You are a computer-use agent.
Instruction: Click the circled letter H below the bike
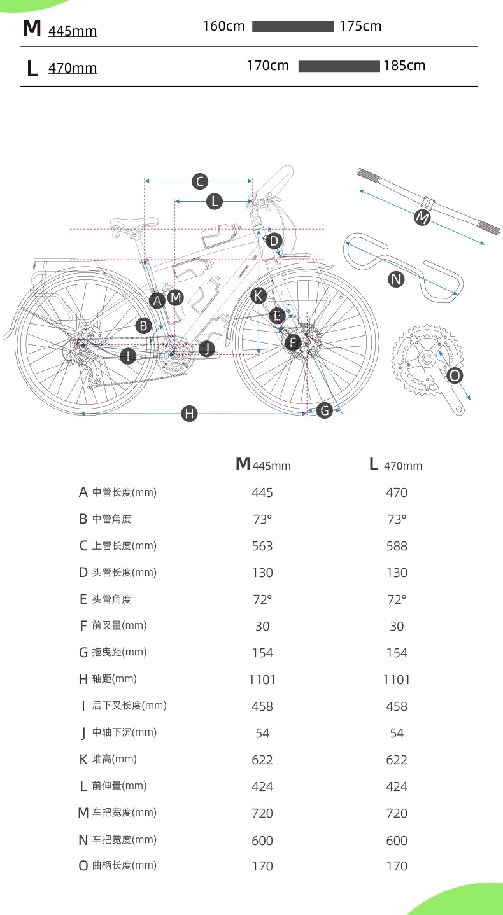click(x=189, y=414)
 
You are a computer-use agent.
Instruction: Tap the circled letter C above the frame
click(x=200, y=181)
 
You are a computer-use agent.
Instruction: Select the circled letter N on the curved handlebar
click(x=396, y=279)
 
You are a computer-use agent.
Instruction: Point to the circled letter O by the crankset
click(x=455, y=375)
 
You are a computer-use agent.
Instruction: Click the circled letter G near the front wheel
click(x=325, y=410)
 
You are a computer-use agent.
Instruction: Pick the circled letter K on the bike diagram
click(x=258, y=295)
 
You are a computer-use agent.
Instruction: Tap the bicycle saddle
click(x=134, y=223)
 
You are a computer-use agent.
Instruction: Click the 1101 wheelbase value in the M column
click(x=262, y=680)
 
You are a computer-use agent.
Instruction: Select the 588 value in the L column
click(x=396, y=546)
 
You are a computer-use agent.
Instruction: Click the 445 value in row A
click(x=262, y=492)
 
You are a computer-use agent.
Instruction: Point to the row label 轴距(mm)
click(x=114, y=679)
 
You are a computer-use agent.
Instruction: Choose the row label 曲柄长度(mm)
click(x=124, y=865)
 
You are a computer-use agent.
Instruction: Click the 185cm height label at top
click(x=404, y=66)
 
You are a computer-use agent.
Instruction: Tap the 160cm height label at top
click(x=223, y=26)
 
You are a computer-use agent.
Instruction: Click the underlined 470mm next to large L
click(x=73, y=67)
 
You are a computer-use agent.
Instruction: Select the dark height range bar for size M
click(x=293, y=27)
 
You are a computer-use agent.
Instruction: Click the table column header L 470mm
click(x=395, y=464)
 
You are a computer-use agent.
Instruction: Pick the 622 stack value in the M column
click(x=262, y=760)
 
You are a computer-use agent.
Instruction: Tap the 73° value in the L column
click(x=396, y=519)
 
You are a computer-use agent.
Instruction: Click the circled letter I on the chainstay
click(x=128, y=356)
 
